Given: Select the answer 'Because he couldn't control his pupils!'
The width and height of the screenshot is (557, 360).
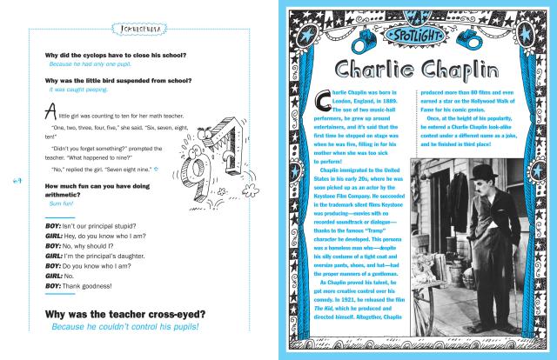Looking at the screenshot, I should click(x=124, y=328).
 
